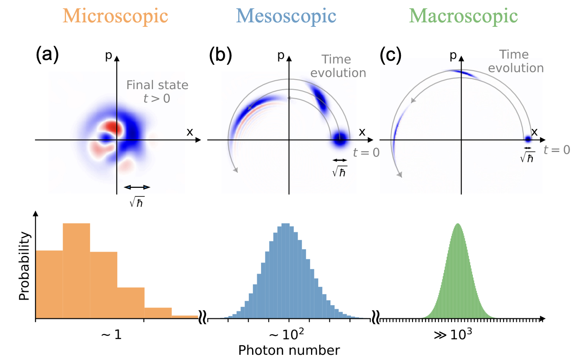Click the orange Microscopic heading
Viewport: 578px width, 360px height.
(x=115, y=16)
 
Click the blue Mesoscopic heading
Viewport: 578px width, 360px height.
(x=286, y=16)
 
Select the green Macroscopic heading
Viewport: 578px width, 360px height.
(x=463, y=16)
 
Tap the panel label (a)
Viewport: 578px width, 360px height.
(x=47, y=55)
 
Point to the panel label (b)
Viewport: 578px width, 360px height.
(x=220, y=55)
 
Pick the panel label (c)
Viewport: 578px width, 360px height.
(x=390, y=55)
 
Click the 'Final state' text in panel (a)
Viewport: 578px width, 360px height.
(x=157, y=85)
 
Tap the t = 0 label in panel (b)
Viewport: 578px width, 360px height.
(x=366, y=152)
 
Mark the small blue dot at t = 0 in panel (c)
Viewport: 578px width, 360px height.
(x=528, y=139)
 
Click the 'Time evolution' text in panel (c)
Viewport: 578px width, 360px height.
(x=516, y=61)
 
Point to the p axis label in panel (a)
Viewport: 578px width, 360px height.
(x=109, y=55)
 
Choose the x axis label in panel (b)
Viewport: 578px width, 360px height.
(x=362, y=132)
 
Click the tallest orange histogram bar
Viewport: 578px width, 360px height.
(x=76, y=271)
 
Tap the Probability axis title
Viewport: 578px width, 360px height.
(x=24, y=266)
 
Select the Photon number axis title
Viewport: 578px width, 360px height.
(x=289, y=350)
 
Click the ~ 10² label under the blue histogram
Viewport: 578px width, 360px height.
(x=286, y=335)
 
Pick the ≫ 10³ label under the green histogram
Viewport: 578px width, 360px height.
(x=453, y=335)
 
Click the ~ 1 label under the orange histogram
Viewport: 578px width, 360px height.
(x=111, y=335)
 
